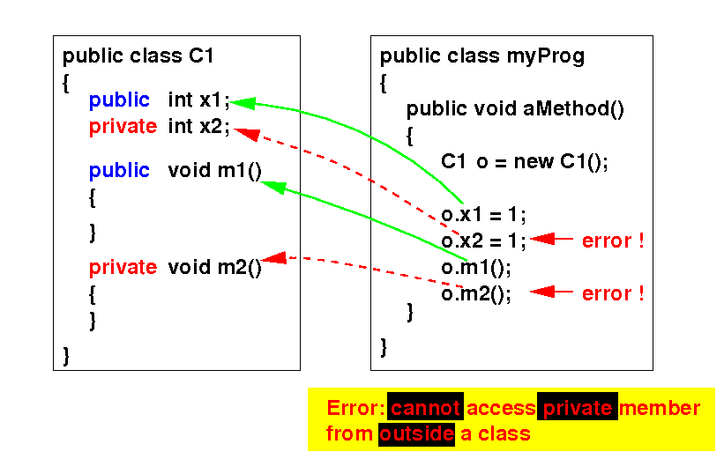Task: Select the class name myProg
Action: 551,57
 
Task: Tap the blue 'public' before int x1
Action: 119,100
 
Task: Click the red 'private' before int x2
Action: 123,127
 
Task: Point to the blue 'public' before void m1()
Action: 119,171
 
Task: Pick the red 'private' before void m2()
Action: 123,267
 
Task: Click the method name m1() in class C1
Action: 240,171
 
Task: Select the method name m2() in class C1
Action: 240,267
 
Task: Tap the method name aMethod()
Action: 574,109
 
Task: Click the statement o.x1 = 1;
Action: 483,214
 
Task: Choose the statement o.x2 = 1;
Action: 483,241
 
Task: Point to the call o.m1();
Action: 475,267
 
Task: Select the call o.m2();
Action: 475,293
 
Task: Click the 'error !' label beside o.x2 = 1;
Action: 613,241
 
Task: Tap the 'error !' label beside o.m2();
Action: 613,293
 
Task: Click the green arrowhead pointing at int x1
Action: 243,102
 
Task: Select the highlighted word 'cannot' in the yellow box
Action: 425,409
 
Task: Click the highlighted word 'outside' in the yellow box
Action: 416,433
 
